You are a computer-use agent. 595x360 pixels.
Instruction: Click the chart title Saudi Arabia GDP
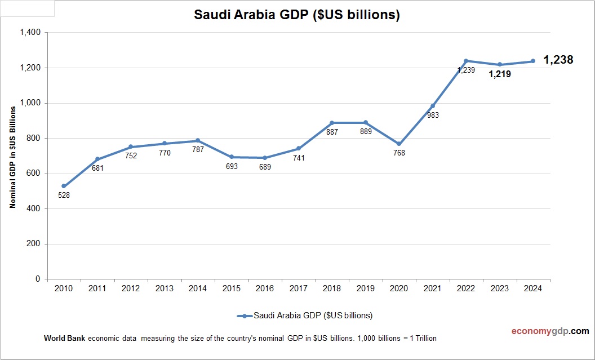pos(297,15)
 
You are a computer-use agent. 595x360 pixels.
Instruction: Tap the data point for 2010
pos(64,186)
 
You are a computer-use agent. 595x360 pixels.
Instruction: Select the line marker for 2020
pos(399,144)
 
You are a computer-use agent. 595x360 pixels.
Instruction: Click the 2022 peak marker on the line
pos(466,61)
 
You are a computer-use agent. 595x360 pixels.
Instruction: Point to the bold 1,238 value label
pos(558,60)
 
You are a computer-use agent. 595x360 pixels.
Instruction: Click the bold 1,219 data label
pos(500,74)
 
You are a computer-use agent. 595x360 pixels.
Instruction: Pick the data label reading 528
pos(64,195)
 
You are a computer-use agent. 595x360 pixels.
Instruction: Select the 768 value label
pos(399,153)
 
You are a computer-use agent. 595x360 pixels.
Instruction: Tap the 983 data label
pos(433,115)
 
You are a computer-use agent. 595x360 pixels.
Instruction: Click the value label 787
pos(198,149)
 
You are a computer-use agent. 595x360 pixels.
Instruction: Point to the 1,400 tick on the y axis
pos(30,33)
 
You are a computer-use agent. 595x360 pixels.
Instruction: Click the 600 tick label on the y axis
pos(34,174)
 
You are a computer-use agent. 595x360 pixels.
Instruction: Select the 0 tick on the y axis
pos(38,279)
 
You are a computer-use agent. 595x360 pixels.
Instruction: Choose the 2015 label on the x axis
pos(232,288)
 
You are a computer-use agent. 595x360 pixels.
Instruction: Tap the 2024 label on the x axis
pos(533,288)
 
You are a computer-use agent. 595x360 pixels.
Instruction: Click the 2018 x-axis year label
pos(332,288)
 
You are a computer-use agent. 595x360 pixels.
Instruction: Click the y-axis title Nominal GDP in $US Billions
pos(12,156)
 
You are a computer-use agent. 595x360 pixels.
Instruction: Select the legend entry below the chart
pos(305,315)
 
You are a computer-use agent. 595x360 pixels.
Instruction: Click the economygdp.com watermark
pos(542,331)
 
